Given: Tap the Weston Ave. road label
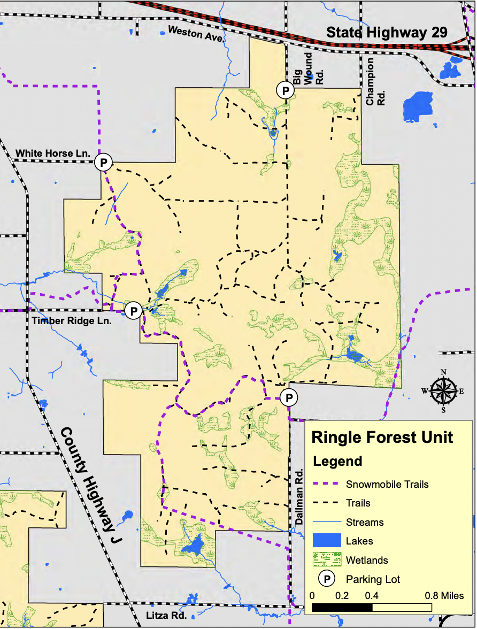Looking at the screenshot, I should (x=197, y=34).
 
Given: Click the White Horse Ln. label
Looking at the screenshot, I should (x=52, y=154).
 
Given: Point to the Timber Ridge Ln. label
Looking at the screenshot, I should (x=72, y=321).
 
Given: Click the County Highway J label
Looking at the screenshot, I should (x=91, y=486).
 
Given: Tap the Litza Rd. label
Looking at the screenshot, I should (x=166, y=616).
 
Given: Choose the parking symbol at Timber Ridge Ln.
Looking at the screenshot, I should (x=134, y=310).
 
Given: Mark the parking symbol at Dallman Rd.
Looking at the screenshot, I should (x=288, y=397).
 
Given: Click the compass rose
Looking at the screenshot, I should (x=443, y=390).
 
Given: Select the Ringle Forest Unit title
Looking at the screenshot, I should (x=382, y=437).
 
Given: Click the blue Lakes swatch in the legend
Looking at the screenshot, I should (x=326, y=541).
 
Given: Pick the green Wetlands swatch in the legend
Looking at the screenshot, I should (x=326, y=560).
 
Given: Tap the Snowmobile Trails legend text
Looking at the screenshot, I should (x=387, y=485).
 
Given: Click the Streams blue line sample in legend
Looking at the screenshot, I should (x=326, y=522).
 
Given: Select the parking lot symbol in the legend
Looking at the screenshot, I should (x=326, y=579).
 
